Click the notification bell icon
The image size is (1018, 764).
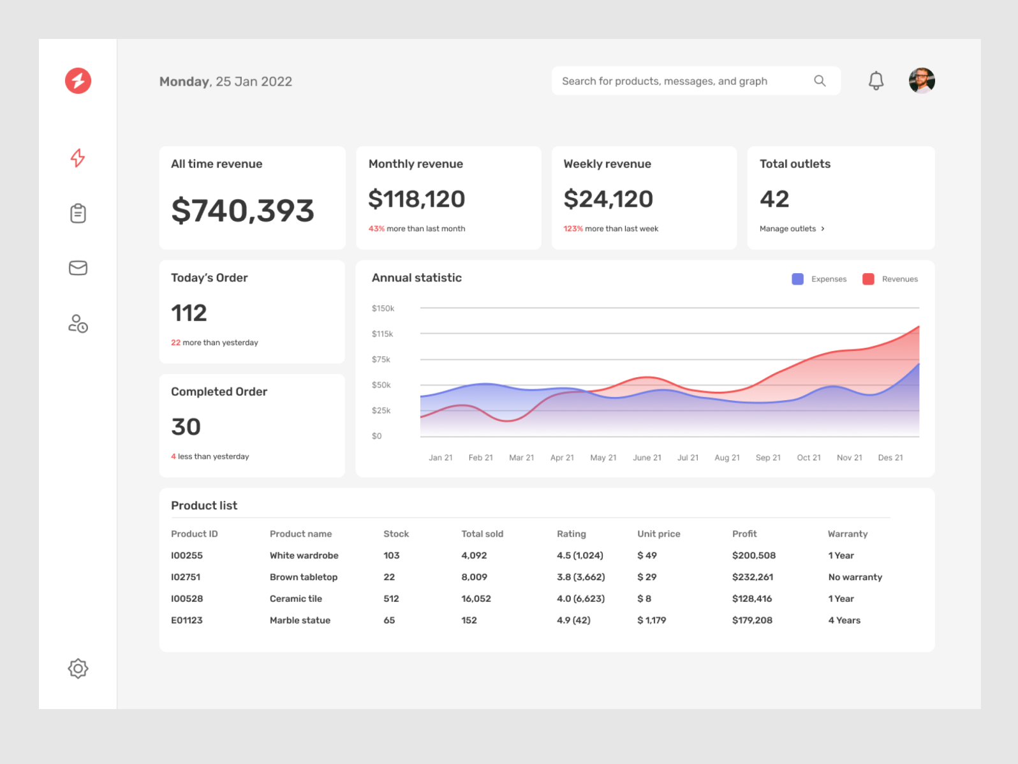[876, 81]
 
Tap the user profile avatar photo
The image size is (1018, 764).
[921, 81]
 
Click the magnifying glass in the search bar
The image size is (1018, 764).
[820, 81]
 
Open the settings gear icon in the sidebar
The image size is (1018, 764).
[78, 668]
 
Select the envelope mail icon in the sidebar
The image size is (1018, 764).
[78, 268]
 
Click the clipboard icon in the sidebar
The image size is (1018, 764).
[78, 213]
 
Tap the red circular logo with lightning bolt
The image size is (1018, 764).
[78, 81]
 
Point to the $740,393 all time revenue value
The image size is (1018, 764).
[242, 211]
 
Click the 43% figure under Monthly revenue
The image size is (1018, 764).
[376, 228]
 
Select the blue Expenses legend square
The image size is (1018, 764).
[797, 279]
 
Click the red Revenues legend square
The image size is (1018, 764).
[867, 279]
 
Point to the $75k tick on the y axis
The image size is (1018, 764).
[381, 359]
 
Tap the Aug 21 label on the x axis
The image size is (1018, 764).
[727, 458]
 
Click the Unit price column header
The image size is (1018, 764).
[658, 534]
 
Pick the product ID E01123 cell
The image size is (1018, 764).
[186, 620]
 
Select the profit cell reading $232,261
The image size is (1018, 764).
[752, 577]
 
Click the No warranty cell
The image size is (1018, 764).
[855, 577]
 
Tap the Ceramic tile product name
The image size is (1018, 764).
[295, 599]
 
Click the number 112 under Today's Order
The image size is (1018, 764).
[189, 313]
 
